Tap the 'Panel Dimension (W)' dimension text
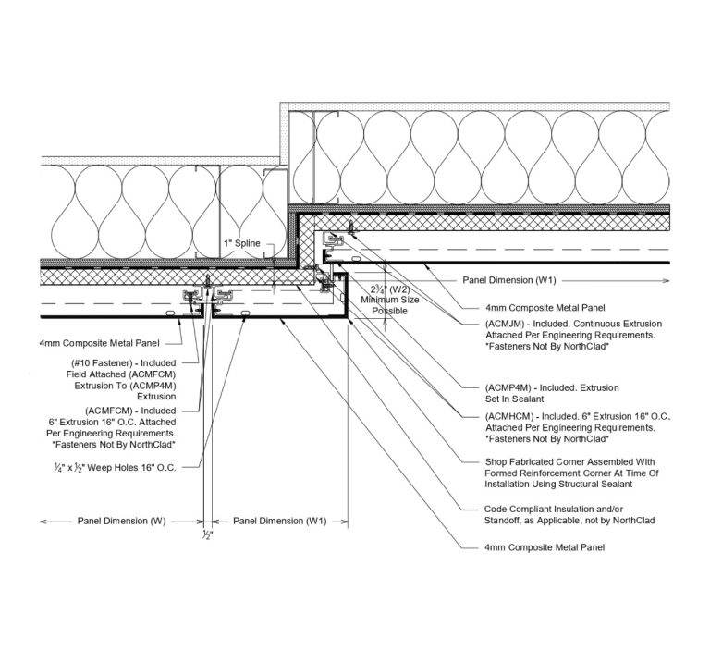119,522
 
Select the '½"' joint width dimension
209,535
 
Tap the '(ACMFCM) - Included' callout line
129,409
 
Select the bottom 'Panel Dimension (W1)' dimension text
280,522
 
